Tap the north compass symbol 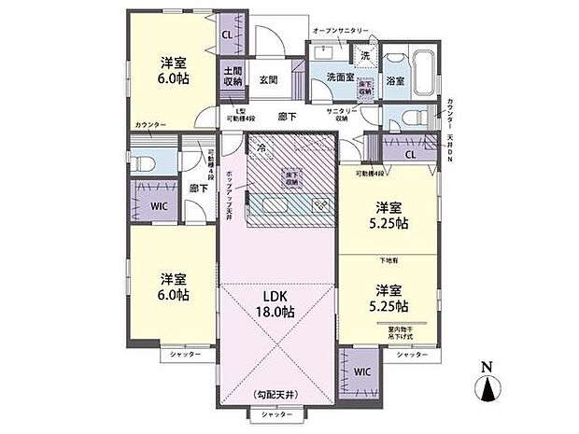pyautogui.click(x=488, y=385)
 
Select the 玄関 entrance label pyautogui.click(x=269, y=80)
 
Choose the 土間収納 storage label pyautogui.click(x=233, y=77)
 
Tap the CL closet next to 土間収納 pyautogui.click(x=227, y=37)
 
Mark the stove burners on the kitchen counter pyautogui.click(x=318, y=205)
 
